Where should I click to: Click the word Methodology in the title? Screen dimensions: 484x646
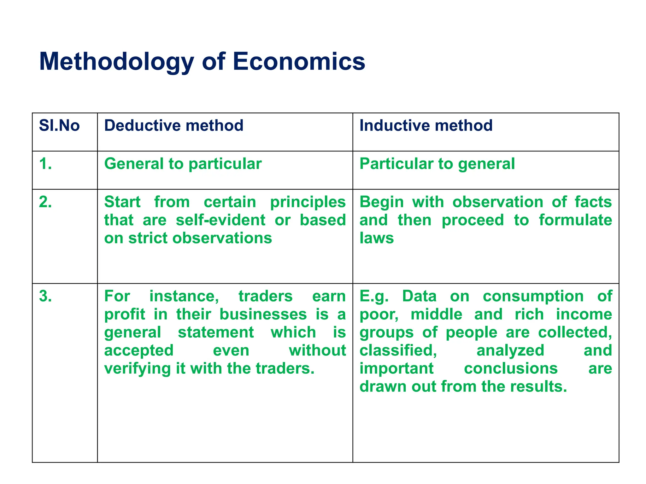click(116, 62)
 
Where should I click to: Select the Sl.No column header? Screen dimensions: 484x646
click(59, 125)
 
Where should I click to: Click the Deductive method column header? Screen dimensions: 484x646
click(173, 125)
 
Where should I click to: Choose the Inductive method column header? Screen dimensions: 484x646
click(426, 125)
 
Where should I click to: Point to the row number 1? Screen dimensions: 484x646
click(45, 164)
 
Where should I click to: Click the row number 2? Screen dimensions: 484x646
click(45, 202)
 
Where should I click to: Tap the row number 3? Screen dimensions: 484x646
click(45, 296)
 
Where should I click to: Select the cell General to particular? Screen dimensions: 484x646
click(183, 164)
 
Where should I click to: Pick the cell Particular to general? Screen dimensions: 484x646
click(437, 164)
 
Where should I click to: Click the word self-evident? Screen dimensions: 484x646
click(220, 220)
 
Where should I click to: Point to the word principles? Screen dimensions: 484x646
click(308, 202)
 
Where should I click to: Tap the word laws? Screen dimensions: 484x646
click(377, 238)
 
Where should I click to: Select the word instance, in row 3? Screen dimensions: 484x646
click(184, 296)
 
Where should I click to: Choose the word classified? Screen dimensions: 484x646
click(398, 351)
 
